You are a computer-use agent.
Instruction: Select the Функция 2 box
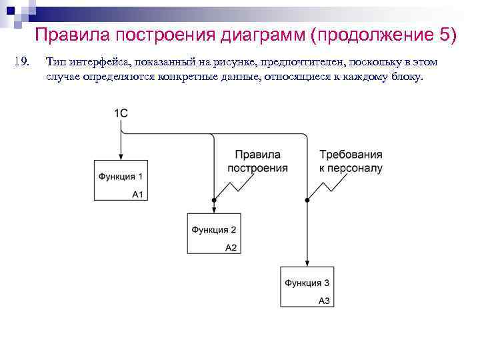pos(213,233)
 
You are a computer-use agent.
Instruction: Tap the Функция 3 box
pos(306,286)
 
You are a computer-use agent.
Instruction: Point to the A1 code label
pos(138,194)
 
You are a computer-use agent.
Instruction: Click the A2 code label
pos(231,247)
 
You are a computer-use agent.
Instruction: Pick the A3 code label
pos(324,301)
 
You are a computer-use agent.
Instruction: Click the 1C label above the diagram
pos(121,113)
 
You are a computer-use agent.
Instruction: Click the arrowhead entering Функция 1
pos(120,157)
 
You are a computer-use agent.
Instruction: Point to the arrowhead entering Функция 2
pos(213,209)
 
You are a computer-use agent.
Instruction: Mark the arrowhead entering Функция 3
pos(307,263)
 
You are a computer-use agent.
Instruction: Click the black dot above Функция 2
pos(213,200)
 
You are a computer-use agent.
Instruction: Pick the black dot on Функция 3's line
pos(307,200)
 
